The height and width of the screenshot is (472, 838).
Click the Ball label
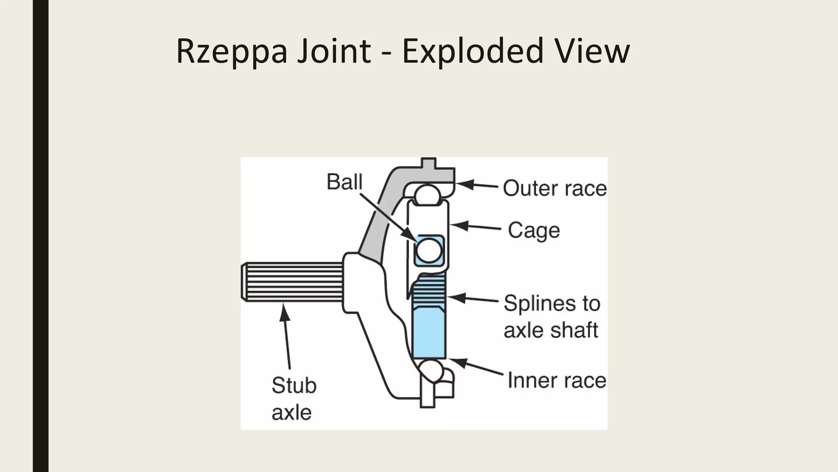click(x=344, y=182)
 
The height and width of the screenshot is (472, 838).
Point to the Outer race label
click(x=554, y=188)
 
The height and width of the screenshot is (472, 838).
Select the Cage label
click(x=534, y=231)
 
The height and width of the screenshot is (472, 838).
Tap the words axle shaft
click(x=550, y=330)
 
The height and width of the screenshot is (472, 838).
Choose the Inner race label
click(x=556, y=380)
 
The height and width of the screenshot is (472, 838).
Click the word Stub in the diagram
click(x=294, y=386)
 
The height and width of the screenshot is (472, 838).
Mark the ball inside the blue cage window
click(x=428, y=250)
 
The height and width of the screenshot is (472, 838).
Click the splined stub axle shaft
click(x=293, y=282)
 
